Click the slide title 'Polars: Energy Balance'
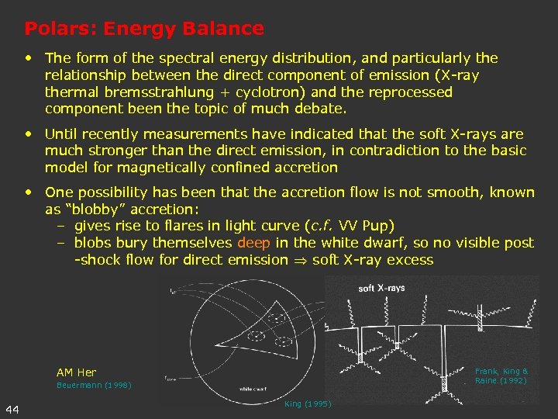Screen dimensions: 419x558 (144, 29)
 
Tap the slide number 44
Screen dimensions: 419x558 (12, 409)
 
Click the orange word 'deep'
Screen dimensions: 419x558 (253, 243)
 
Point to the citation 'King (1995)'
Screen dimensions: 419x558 (308, 404)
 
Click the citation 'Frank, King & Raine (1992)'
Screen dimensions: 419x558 (501, 376)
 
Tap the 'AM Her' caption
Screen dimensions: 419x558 (76, 372)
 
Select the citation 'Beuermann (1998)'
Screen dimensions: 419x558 (94, 386)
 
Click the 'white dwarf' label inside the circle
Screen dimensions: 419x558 (255, 388)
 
